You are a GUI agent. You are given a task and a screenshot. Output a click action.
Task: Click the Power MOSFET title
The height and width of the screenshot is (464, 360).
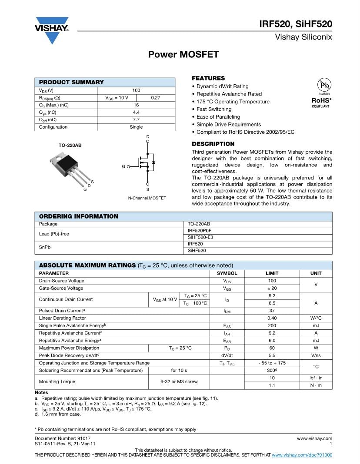point(183,55)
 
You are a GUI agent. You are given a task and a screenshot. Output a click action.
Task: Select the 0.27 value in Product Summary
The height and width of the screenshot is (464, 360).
point(155,98)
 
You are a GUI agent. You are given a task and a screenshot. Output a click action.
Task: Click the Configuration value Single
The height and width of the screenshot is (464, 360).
point(136,127)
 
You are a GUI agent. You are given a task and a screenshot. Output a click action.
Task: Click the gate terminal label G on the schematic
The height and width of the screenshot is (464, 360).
point(123,166)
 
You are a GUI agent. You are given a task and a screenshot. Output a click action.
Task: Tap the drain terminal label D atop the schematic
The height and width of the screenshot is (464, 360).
point(148,137)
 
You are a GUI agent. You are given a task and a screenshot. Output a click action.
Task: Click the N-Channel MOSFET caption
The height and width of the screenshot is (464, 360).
point(147,198)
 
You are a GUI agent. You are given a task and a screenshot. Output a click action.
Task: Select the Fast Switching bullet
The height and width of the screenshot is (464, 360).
point(214,109)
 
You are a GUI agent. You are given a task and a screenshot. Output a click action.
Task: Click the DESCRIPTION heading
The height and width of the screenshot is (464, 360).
point(213,144)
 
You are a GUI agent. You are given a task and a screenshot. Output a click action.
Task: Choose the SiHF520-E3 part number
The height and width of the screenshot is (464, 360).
point(200,238)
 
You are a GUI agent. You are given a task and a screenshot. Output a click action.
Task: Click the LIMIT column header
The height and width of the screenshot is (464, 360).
point(272,273)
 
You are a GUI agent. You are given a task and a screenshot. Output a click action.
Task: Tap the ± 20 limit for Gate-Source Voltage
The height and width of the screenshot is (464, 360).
point(272,288)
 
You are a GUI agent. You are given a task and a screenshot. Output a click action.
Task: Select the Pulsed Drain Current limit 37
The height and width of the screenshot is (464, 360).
point(272,311)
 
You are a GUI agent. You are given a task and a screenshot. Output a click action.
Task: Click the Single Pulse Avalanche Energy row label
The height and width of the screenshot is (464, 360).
point(73,326)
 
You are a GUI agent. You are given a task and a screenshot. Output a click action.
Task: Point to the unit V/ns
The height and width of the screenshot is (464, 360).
point(316,355)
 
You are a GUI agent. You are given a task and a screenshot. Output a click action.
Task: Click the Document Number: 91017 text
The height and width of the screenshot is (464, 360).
point(63,439)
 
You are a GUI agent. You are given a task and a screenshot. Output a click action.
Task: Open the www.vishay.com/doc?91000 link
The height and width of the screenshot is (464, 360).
point(302,455)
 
